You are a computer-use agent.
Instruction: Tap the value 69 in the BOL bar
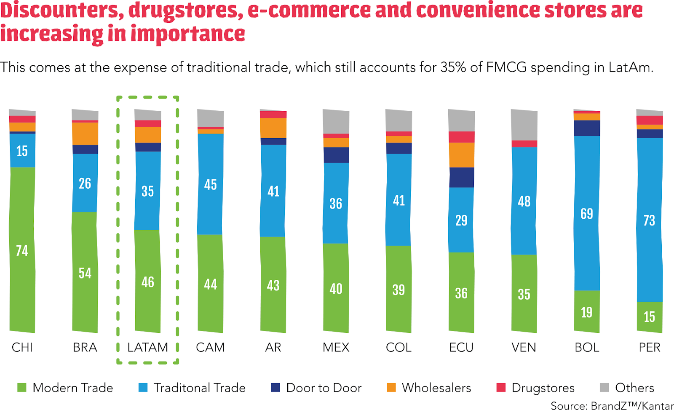[x=586, y=214]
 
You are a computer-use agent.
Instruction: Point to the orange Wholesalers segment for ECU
[x=461, y=155]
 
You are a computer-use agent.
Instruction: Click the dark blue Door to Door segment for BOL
[x=586, y=128]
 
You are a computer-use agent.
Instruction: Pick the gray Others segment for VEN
[x=524, y=125]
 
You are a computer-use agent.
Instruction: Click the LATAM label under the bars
[x=147, y=347]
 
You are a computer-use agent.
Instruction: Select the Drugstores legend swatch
[x=501, y=388]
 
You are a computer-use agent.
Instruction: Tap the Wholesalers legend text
[x=436, y=388]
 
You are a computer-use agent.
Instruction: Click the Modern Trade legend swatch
[x=21, y=388]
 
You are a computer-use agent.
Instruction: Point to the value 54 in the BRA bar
[x=85, y=273]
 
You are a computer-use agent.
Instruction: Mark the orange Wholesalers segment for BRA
[x=85, y=134]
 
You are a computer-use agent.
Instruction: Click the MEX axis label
[x=336, y=347]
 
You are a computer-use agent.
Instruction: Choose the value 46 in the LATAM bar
[x=147, y=282]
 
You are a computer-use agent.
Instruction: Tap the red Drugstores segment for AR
[x=273, y=115]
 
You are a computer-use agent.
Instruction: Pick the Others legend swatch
[x=604, y=388]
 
